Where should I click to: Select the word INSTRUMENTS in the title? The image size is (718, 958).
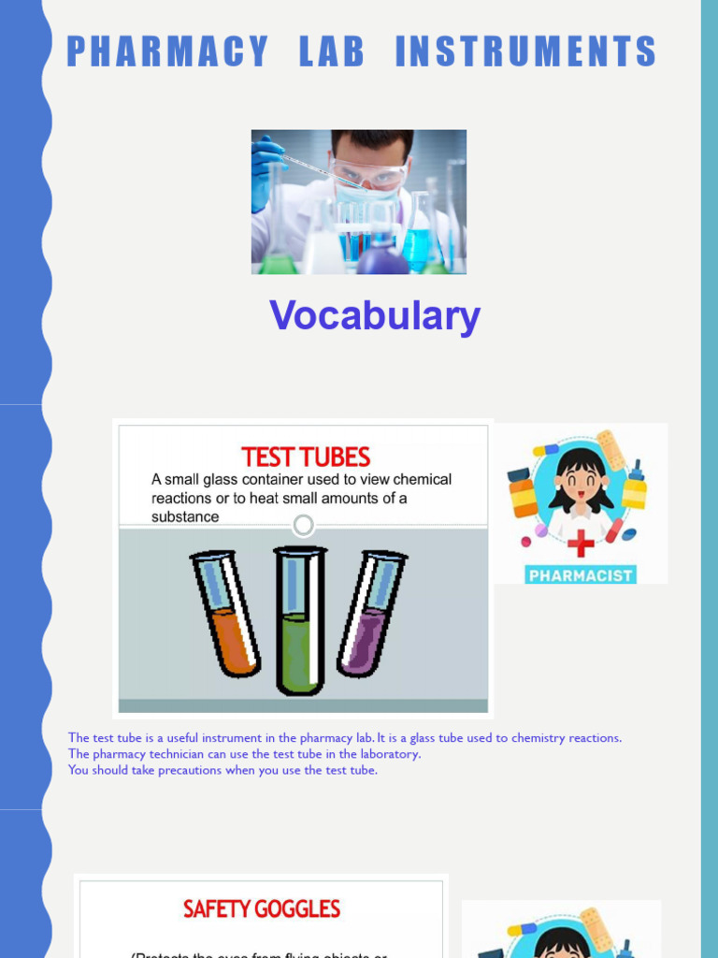tap(525, 51)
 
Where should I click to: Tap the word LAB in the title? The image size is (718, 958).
tap(332, 51)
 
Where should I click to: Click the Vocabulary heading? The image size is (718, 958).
tap(375, 316)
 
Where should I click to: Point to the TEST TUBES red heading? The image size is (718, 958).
tap(306, 457)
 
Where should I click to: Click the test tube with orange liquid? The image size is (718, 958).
tap(225, 613)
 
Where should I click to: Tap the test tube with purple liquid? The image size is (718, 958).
tap(371, 612)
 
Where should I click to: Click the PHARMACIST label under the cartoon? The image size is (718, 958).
tap(581, 574)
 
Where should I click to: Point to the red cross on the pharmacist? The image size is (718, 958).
tap(581, 543)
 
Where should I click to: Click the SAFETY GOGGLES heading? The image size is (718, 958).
tap(262, 908)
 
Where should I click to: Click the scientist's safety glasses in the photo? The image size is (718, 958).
tap(369, 175)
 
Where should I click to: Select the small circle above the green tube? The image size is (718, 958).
tap(303, 525)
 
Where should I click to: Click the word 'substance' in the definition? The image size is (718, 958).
tap(185, 516)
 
